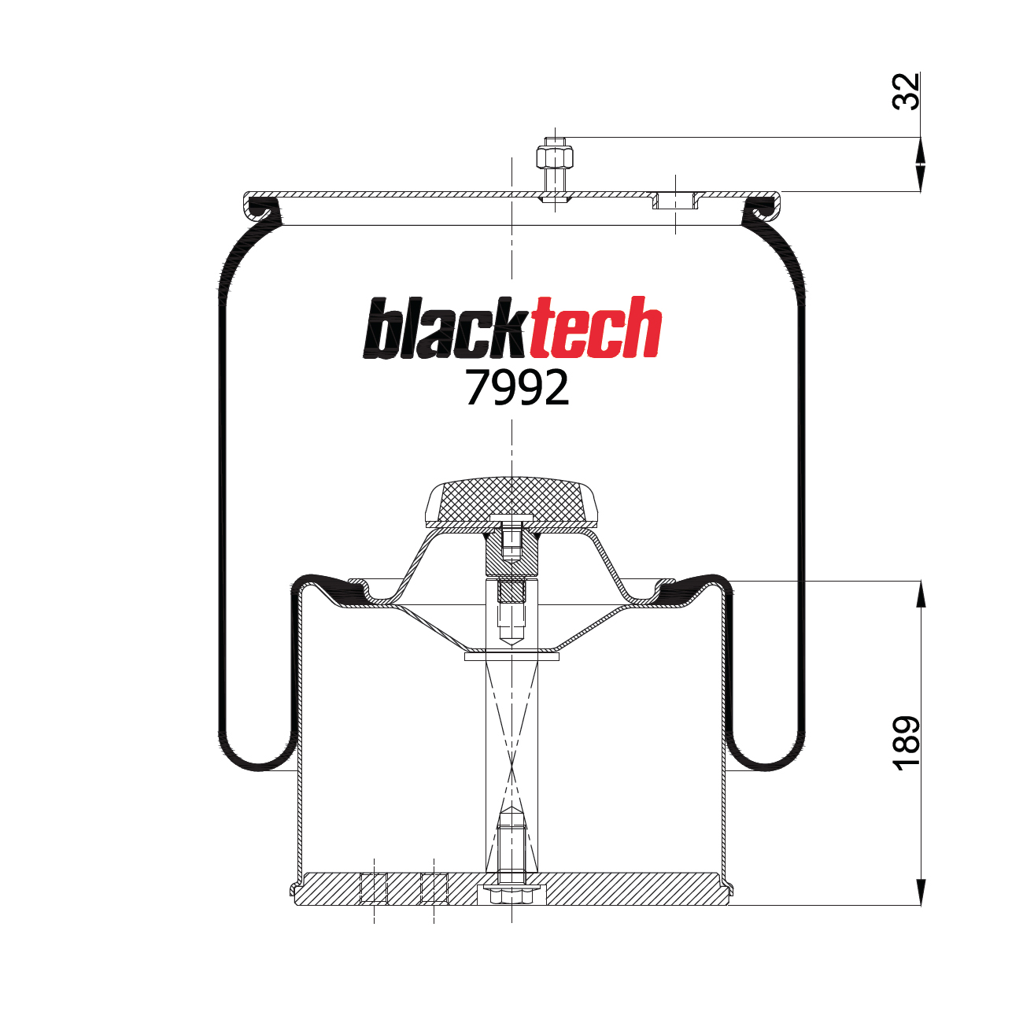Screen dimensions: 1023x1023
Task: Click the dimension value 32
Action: pos(906,91)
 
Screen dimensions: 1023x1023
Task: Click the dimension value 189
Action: pos(906,743)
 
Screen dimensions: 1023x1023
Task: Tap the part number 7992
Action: pos(516,388)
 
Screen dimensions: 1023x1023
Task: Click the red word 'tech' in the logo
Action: pos(595,330)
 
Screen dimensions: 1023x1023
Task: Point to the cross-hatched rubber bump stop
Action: pos(511,499)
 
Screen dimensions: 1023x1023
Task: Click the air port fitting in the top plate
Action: pos(675,200)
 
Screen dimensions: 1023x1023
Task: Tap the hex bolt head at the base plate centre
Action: pos(511,896)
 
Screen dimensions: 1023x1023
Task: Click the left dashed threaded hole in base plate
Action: pos(374,888)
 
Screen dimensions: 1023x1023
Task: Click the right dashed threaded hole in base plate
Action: pos(434,888)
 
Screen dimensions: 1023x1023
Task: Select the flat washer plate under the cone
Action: pos(511,656)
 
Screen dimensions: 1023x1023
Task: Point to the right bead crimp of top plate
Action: pos(762,209)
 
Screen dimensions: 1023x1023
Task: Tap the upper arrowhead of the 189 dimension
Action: pos(920,594)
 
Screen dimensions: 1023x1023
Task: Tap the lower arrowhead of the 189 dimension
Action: pos(920,892)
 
